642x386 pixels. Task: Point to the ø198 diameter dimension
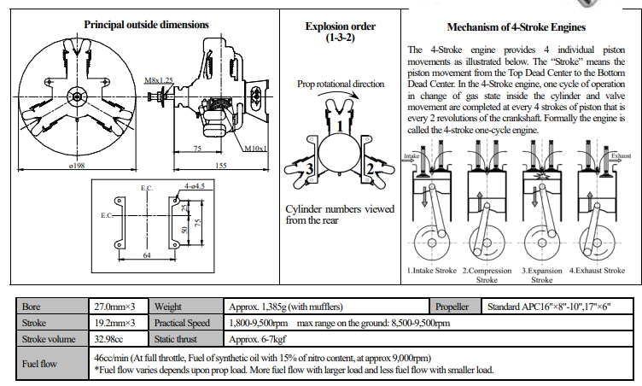pos(80,165)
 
